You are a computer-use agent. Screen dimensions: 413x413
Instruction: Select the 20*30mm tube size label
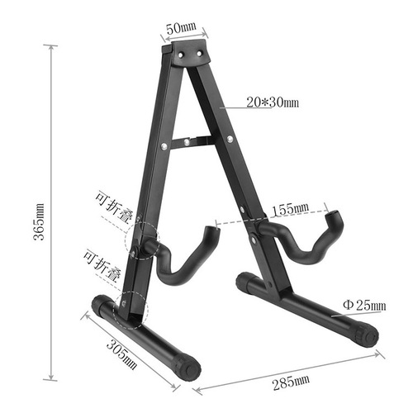[272, 102]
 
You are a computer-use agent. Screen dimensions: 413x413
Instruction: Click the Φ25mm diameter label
[364, 306]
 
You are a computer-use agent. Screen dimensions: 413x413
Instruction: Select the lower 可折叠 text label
[102, 262]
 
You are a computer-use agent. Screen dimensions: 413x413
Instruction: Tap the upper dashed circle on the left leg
[143, 241]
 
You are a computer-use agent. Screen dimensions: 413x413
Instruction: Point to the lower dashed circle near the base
[132, 304]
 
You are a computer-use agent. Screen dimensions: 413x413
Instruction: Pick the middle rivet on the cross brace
[192, 143]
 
